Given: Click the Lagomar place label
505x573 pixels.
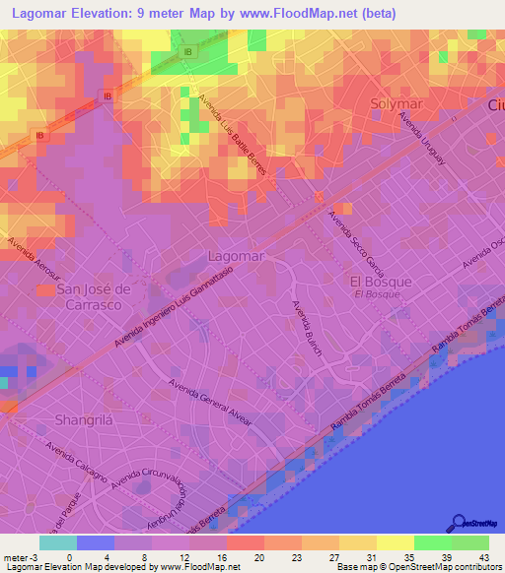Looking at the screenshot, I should pos(237,256).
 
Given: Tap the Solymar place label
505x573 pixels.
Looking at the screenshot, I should pos(397,102).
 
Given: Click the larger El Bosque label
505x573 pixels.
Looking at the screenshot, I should pos(380,281).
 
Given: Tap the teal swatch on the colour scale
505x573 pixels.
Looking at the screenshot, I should pos(57,542).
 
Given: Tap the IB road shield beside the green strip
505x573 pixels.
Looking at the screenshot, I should pos(189,49).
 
